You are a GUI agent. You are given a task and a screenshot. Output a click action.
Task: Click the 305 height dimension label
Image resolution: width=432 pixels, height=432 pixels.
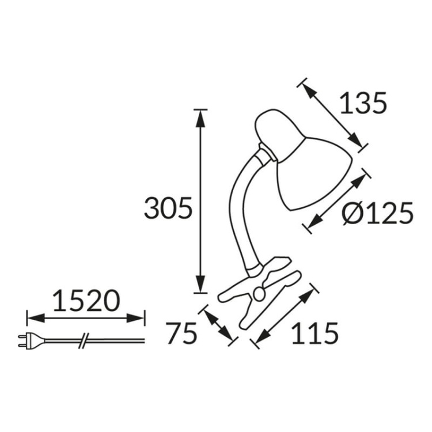[x=168, y=209]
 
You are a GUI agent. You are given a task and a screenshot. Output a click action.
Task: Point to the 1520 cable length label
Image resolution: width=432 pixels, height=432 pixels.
[x=86, y=300]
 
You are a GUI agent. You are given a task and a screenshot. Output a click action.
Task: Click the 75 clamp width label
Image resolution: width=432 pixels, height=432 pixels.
[x=181, y=334]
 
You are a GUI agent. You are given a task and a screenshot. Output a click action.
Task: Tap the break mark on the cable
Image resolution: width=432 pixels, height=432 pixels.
[x=85, y=340]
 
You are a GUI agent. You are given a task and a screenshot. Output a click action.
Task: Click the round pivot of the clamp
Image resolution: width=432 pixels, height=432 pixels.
[x=259, y=293]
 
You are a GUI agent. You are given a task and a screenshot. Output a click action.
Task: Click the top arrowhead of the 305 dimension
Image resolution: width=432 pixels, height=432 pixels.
[x=200, y=115]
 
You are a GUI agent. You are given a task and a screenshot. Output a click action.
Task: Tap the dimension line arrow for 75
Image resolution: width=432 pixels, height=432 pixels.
[x=218, y=325]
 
